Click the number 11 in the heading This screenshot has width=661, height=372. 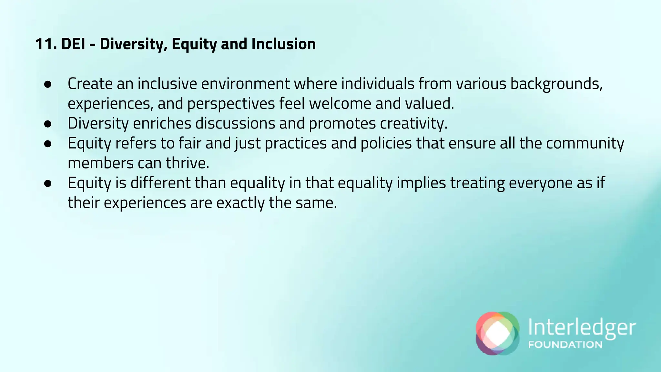click(x=46, y=44)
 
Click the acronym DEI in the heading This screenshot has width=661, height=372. click(x=73, y=44)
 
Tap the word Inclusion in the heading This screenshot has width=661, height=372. click(x=283, y=44)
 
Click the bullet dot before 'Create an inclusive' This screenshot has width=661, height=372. click(x=48, y=84)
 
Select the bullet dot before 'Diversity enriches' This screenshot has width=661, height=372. click(x=48, y=124)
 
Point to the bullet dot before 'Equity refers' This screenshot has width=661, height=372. click(x=48, y=144)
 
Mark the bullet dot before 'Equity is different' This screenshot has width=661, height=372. click(x=48, y=183)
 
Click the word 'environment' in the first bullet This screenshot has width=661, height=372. click(x=246, y=84)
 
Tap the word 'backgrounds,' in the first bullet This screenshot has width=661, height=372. click(x=556, y=84)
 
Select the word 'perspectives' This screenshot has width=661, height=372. click(x=231, y=104)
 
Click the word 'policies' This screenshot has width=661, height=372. click(x=386, y=143)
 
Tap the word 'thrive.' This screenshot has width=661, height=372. click(x=188, y=163)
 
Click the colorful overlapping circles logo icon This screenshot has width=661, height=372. click(x=497, y=333)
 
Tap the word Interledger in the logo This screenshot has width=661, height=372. click(x=582, y=328)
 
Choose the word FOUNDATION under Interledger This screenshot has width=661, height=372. click(x=565, y=345)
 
